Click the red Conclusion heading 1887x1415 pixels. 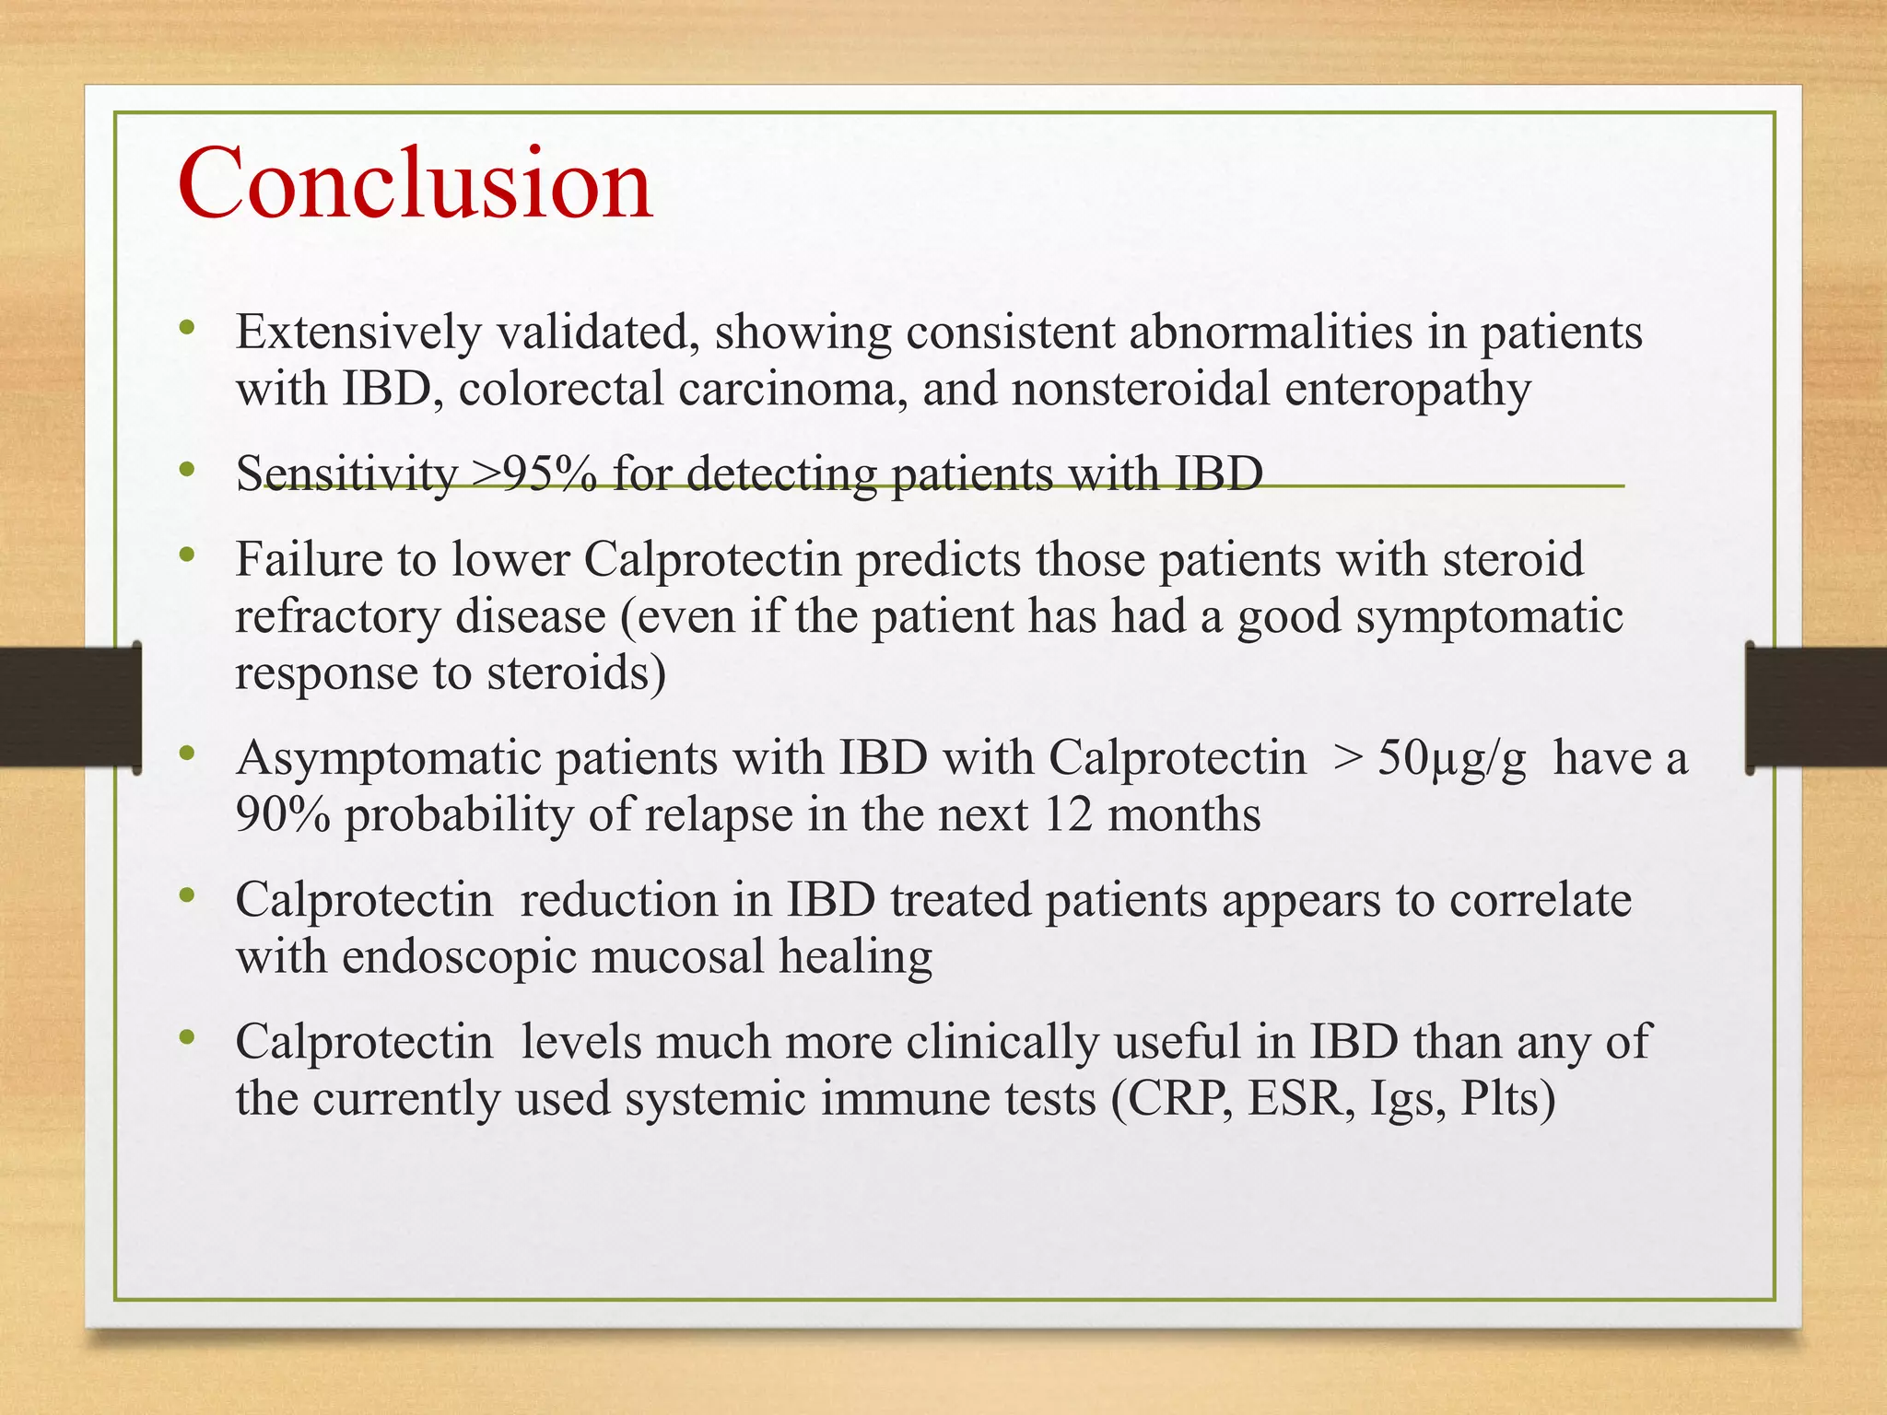click(x=416, y=183)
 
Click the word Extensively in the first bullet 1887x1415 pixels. click(x=358, y=332)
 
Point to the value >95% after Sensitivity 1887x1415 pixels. click(x=533, y=474)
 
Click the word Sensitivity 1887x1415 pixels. click(x=346, y=474)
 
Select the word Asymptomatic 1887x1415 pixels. click(x=388, y=759)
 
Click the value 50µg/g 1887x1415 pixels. click(x=1451, y=759)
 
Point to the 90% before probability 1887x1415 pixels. click(x=282, y=814)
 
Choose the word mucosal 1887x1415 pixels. click(x=677, y=956)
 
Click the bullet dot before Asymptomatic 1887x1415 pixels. click(x=188, y=753)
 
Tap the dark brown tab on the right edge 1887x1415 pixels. click(x=1815, y=707)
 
